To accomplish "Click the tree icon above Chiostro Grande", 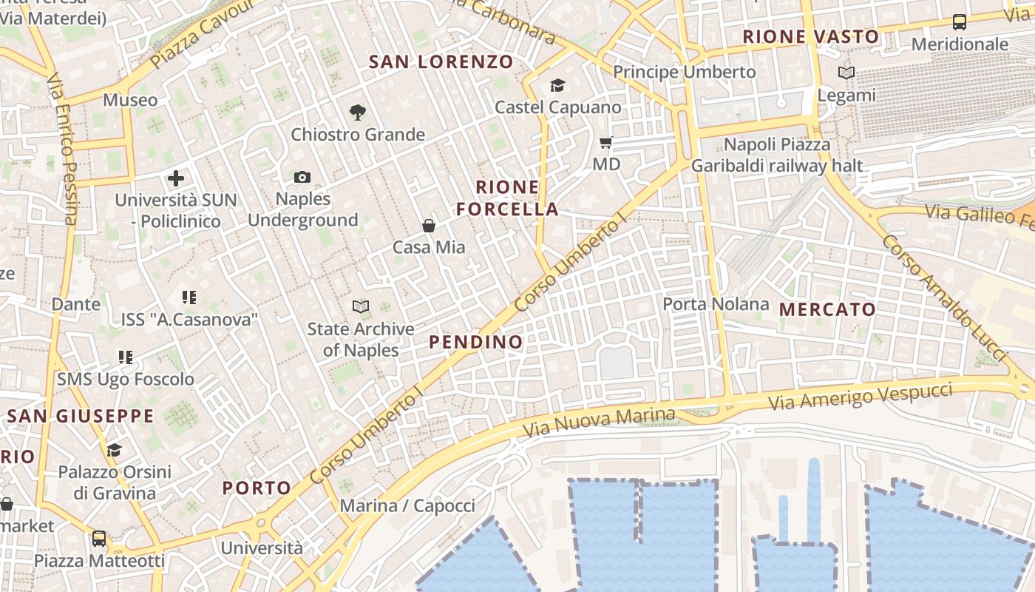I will pos(358,112).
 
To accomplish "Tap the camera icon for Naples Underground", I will pos(302,177).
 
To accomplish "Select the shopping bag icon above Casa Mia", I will pos(429,225).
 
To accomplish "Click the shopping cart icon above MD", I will pos(606,142).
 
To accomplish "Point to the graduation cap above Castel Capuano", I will pos(557,86).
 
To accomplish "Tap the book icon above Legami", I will pos(846,73).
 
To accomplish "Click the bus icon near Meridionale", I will pos(960,22).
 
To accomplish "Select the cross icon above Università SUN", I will pos(176,178).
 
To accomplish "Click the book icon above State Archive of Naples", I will pos(361,306).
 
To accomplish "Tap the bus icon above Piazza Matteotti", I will pos(99,539).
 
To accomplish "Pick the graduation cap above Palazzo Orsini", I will pos(114,450).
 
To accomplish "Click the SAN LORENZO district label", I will pos(441,61).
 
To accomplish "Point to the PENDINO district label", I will pos(476,342).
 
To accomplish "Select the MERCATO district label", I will pos(827,309).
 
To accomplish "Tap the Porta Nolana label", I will pos(716,304).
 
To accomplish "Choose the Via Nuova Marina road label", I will pos(599,422).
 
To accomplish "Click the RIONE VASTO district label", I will pos(811,37).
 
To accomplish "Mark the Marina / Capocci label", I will pos(407,506).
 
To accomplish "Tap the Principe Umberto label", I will pos(685,72).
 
